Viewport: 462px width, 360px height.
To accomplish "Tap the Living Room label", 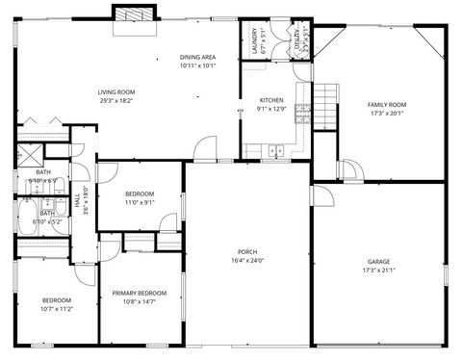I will coord(115,92).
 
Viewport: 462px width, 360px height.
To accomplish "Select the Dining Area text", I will coord(198,58).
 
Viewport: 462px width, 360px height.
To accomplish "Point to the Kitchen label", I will coord(271,101).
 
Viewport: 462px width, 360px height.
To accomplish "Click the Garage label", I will coord(378,262).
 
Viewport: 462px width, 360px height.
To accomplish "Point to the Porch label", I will coord(247,252).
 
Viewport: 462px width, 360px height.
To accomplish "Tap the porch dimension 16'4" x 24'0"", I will coord(247,261).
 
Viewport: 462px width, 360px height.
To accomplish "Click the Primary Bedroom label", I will coord(139,293).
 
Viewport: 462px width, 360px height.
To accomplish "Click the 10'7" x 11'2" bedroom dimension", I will coord(56,308).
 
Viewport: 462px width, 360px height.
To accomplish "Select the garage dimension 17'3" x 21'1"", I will coord(378,270).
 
